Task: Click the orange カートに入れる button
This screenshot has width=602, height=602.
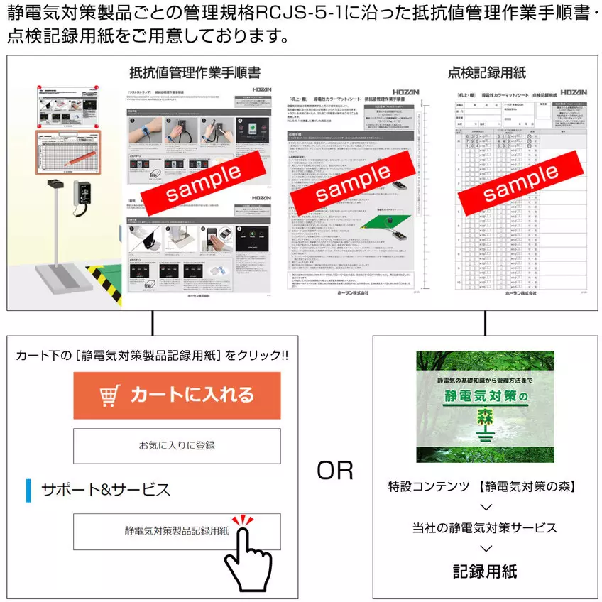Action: pyautogui.click(x=177, y=395)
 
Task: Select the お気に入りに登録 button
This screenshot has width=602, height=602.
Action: pyautogui.click(x=177, y=446)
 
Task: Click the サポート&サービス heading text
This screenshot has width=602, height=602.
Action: pyautogui.click(x=106, y=490)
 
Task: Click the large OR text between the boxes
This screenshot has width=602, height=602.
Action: pyautogui.click(x=334, y=471)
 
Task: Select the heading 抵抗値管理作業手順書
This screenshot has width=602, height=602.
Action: pyautogui.click(x=195, y=73)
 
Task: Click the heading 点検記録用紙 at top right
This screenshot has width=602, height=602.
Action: pyautogui.click(x=486, y=73)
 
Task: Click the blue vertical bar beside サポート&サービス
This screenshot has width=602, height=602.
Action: pyautogui.click(x=29, y=490)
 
